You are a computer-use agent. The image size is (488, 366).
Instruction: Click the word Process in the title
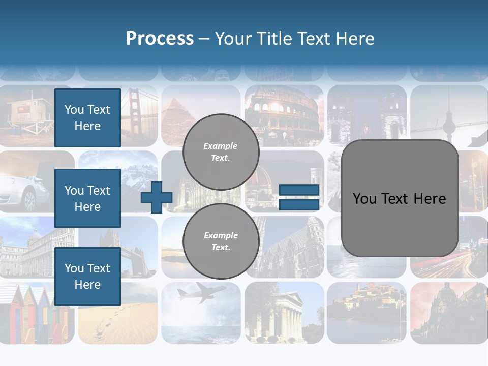[x=160, y=39]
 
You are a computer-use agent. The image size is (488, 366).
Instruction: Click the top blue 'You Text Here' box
[x=87, y=118]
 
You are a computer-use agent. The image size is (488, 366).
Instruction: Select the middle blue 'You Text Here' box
[x=87, y=198]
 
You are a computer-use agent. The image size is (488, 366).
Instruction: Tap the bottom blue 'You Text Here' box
[x=87, y=277]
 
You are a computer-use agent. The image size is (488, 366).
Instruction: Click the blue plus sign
[x=156, y=198]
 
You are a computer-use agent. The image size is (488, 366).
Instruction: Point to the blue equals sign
[x=299, y=197]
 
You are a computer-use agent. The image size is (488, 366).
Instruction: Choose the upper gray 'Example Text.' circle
[x=221, y=152]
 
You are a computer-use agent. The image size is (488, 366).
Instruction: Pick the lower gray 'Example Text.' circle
[x=221, y=241]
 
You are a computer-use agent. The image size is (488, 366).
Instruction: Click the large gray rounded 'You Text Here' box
[x=400, y=198]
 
